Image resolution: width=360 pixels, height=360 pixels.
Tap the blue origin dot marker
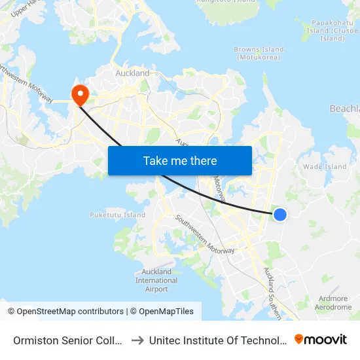click(279, 214)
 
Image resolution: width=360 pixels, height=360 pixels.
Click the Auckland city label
click(132, 73)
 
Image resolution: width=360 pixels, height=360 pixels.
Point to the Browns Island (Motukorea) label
click(259, 53)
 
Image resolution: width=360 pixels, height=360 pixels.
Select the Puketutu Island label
click(117, 215)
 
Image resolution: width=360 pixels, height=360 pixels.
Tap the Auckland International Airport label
click(156, 280)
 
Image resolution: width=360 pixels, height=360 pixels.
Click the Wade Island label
click(325, 167)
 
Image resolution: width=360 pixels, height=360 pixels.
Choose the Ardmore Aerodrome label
click(333, 302)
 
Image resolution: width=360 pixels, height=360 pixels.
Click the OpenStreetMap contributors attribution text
click(70, 312)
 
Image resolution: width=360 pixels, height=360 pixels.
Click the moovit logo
click(320, 339)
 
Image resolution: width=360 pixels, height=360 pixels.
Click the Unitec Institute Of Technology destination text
click(217, 340)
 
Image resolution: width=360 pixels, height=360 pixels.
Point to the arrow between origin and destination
click(138, 340)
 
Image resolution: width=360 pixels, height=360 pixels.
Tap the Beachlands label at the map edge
click(344, 109)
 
